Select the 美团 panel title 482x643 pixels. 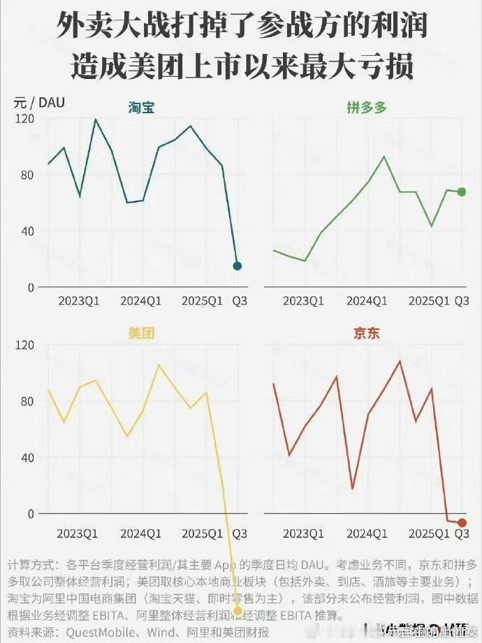tap(141, 333)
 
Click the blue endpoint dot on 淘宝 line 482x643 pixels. tap(237, 266)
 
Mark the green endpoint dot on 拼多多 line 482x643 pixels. tap(462, 192)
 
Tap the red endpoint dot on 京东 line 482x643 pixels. tap(462, 523)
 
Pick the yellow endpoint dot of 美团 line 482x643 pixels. tap(238, 611)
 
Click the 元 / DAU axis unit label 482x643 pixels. tap(39, 102)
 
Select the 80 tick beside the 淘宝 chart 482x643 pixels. tap(26, 175)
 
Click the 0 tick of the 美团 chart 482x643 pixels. tap(30, 514)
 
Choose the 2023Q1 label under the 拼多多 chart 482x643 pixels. tap(303, 301)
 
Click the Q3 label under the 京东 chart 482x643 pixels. tap(462, 533)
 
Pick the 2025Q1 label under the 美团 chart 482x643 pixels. tap(203, 533)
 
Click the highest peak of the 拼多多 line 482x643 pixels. tap(384, 156)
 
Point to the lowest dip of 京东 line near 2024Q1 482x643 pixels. tap(353, 489)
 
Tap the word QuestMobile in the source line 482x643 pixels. tap(102, 633)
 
